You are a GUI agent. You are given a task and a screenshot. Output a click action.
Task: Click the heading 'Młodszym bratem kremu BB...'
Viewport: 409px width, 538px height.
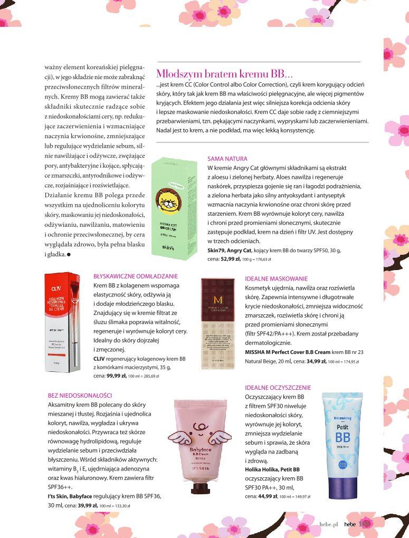[225, 74]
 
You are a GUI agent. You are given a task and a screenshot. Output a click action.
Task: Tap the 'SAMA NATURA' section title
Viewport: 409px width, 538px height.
[227, 158]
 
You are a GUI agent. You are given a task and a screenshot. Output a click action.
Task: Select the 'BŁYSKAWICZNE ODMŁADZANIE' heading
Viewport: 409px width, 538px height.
[136, 276]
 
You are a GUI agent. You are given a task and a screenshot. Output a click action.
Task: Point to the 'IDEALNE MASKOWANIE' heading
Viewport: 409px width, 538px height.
[276, 278]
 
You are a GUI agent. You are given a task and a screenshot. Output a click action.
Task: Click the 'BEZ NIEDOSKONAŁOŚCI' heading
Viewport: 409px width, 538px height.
[80, 395]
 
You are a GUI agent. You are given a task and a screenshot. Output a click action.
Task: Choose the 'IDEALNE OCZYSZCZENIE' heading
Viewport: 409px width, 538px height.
[278, 388]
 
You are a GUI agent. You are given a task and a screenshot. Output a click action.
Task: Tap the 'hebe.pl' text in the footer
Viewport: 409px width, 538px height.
[328, 524]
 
